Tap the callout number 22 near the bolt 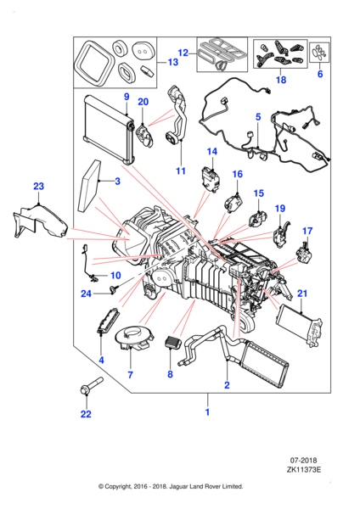pos(85,414)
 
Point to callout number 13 pos(173,62)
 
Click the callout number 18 pos(281,81)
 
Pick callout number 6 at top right pos(320,74)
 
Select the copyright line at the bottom pos(171,486)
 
